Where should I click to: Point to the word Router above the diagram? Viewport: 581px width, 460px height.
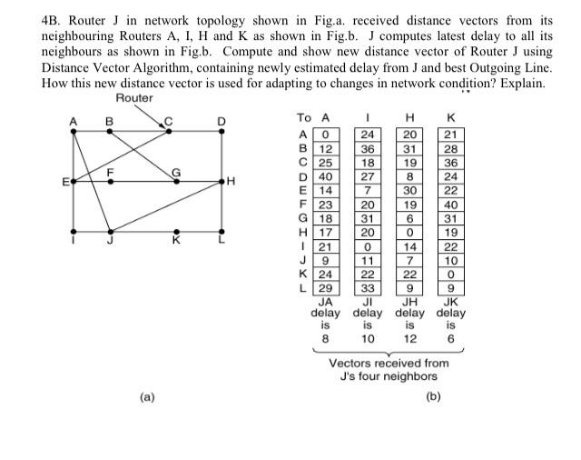point(135,98)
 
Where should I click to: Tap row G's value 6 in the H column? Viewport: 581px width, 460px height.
point(410,219)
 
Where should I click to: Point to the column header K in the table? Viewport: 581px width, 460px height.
point(451,118)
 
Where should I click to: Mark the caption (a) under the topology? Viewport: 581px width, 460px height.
point(146,396)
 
